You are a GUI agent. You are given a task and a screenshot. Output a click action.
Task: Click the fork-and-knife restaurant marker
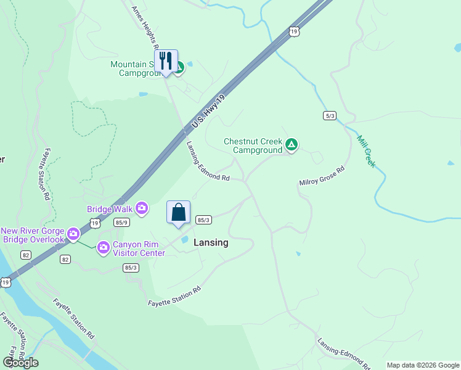pos(166,61)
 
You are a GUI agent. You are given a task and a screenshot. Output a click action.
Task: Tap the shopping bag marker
pos(178,213)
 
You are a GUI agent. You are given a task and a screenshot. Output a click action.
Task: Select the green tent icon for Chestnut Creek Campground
pos(292,146)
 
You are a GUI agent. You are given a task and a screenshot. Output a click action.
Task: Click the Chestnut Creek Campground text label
pos(253,146)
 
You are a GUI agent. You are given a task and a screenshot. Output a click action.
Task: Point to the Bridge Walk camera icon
pos(142,209)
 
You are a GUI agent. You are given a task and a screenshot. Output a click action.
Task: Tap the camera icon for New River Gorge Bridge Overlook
pos(73,233)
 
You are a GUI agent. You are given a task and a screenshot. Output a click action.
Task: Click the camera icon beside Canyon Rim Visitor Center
pos(103,247)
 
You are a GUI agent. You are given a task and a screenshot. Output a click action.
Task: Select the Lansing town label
pos(211,242)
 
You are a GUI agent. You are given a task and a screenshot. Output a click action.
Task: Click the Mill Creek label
pos(366,152)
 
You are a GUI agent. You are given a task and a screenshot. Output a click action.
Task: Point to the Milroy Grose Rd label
pos(321,176)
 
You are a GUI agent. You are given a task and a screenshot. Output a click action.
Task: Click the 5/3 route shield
pos(330,115)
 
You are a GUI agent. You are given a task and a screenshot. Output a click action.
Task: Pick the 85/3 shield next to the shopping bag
pos(204,220)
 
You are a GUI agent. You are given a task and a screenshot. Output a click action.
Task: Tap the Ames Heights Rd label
pos(145,27)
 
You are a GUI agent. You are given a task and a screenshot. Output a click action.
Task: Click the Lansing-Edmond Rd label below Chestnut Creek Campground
pos(208,162)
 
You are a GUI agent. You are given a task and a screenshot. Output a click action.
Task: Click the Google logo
pos(20,362)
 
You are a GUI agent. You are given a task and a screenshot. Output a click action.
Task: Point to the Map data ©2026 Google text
pos(423,365)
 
